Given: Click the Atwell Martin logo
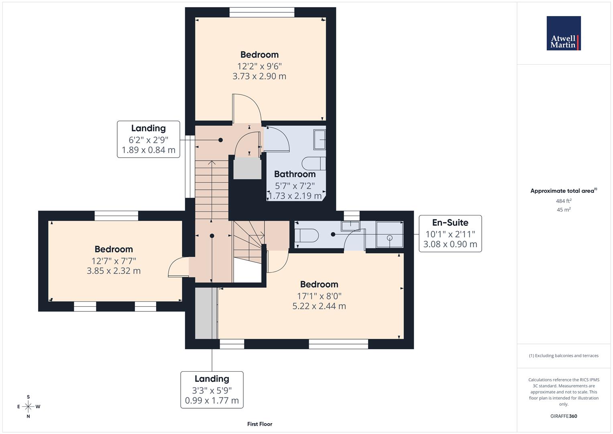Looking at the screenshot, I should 563,33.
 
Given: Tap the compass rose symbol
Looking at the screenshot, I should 28,407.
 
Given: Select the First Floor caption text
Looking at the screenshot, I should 259,424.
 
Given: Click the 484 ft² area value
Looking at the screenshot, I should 563,201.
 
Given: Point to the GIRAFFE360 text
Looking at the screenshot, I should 563,416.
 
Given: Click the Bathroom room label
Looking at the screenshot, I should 295,174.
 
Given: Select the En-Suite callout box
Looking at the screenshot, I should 450,233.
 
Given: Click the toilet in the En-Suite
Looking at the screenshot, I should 307,235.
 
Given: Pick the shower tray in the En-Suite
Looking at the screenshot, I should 389,235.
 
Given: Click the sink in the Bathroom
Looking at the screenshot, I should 320,139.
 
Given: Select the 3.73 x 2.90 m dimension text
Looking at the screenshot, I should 259,76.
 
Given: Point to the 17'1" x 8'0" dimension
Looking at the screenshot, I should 319,296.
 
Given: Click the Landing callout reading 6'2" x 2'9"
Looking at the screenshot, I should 149,139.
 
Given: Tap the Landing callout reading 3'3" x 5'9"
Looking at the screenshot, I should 212,389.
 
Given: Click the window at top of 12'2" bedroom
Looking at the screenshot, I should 262,12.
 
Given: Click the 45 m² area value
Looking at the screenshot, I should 563,210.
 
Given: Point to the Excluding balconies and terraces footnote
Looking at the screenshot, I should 563,356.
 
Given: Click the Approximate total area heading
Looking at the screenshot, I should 563,191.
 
